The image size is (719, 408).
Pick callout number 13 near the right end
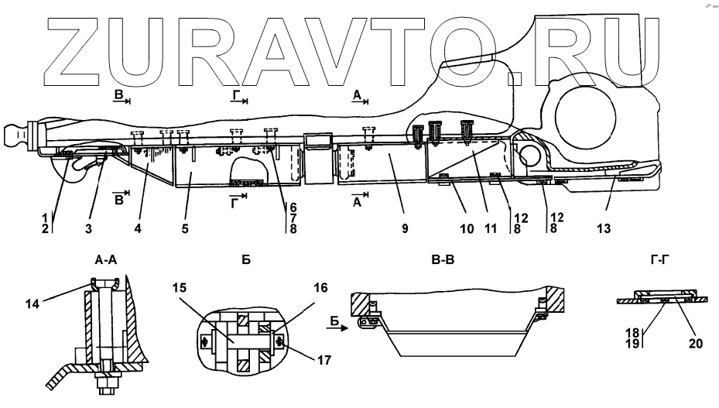pyautogui.click(x=604, y=228)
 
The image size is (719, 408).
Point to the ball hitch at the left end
pyautogui.click(x=15, y=138)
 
